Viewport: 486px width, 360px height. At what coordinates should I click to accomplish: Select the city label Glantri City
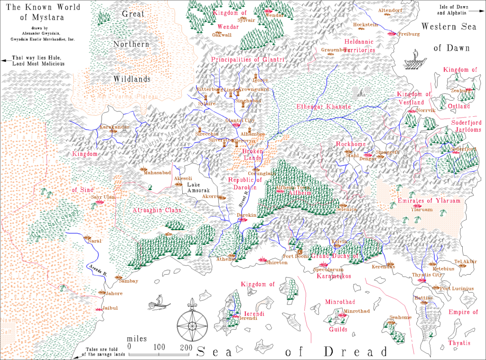(237, 120)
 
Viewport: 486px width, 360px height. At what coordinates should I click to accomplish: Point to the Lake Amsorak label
(197, 187)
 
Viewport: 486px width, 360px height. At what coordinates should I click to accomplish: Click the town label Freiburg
(409, 34)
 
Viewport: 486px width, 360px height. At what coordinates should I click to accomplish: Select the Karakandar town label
(114, 127)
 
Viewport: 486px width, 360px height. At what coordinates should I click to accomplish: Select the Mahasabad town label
(157, 173)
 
